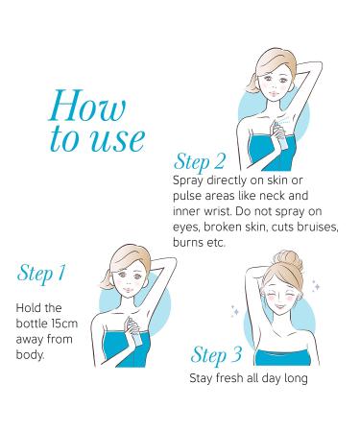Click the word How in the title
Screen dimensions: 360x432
tap(87, 106)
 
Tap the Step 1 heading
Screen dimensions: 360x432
tap(41, 274)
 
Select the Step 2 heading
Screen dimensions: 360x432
tap(200, 162)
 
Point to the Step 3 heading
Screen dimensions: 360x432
tap(216, 355)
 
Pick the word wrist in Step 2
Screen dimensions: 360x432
tap(218, 211)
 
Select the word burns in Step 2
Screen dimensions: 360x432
tap(187, 242)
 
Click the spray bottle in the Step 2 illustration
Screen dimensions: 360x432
tap(278, 136)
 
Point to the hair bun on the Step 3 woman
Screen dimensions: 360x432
tap(288, 257)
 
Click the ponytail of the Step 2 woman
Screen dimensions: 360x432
tap(252, 84)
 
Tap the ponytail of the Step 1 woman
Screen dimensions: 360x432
tap(107, 280)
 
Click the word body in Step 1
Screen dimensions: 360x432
tap(29, 355)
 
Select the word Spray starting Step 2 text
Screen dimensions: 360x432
tap(188, 180)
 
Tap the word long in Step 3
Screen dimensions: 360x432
tap(296, 378)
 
